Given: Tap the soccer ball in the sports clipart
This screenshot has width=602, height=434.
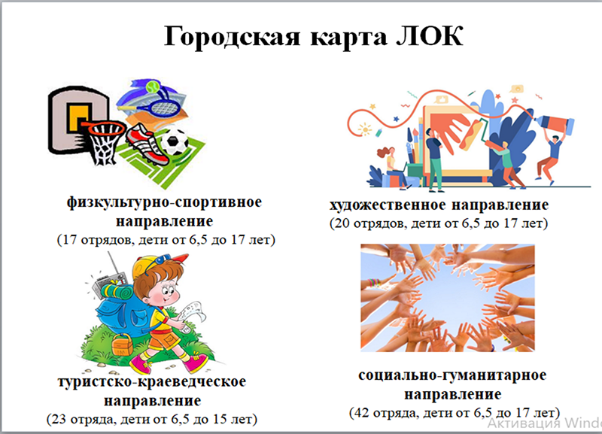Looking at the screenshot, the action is tap(175, 141).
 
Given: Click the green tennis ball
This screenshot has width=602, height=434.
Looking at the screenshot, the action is tap(152, 86).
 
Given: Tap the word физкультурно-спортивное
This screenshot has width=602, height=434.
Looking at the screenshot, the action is tap(164, 202).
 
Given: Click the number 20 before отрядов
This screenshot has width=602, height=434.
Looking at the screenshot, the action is tap(342, 223).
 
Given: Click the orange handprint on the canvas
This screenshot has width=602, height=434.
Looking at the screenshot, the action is tap(450, 129).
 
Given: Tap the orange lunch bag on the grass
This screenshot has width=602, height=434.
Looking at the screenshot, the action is tap(123, 345).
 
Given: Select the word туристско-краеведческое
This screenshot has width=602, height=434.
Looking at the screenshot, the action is tap(152, 382).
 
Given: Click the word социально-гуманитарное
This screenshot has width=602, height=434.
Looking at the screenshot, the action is tap(452, 375).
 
